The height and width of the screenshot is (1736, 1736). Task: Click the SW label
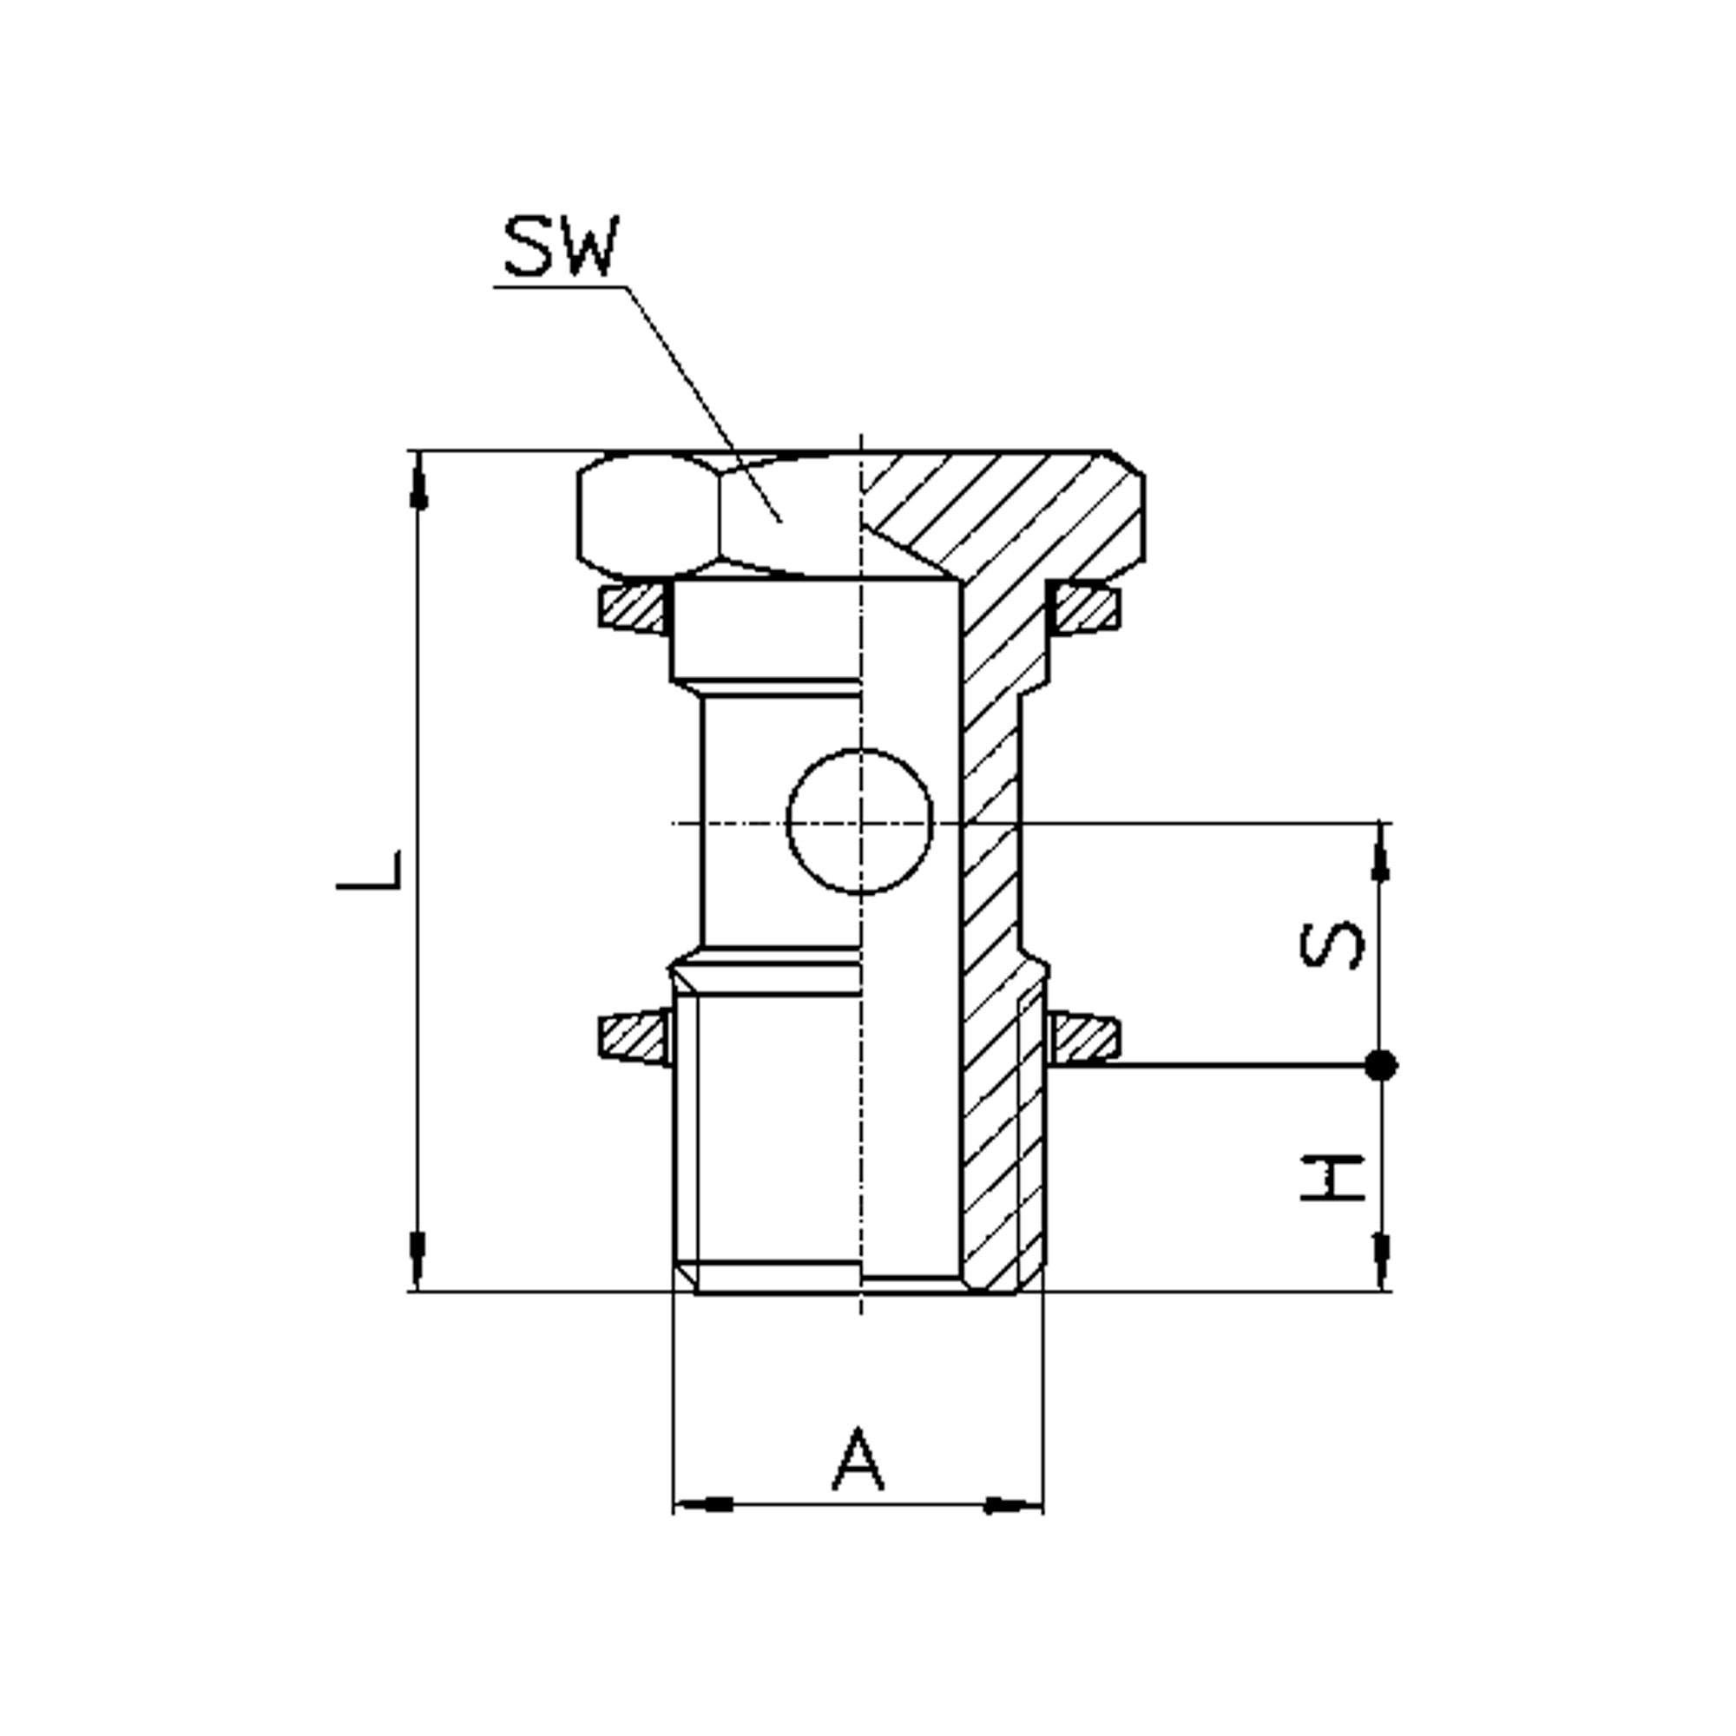click(562, 247)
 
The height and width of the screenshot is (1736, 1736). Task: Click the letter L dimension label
click(368, 871)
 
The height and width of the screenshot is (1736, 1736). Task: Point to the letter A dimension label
click(859, 1457)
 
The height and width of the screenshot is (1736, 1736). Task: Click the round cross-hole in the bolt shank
click(860, 822)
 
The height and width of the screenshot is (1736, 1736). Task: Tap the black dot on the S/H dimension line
click(1381, 1065)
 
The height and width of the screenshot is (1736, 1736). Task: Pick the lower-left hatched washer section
click(634, 1040)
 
